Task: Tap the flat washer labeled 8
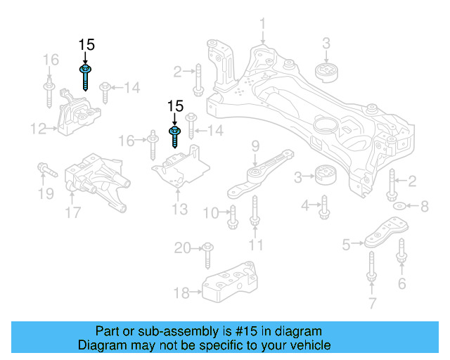click(399, 207)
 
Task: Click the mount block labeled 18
click(228, 283)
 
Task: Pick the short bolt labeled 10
click(233, 217)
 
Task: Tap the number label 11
click(255, 245)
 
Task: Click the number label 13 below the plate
click(180, 209)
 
